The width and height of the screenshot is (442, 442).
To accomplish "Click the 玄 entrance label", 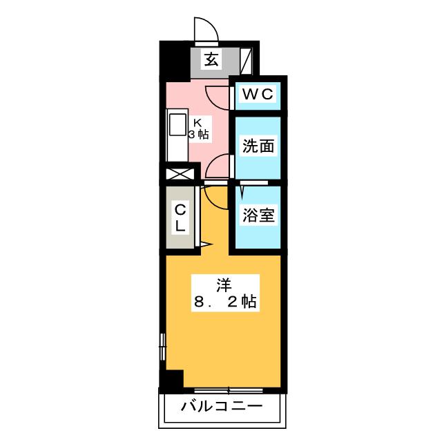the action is coord(211,59).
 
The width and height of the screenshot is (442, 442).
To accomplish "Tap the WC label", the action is coord(258,94).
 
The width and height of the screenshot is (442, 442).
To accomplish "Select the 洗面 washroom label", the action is coord(258,146).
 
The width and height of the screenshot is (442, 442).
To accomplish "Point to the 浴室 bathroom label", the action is coord(258,215).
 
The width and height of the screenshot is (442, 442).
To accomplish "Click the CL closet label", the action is coord(180,218).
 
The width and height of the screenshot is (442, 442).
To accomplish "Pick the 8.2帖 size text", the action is coord(225,302).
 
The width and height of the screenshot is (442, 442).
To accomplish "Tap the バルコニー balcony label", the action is coord(222,406).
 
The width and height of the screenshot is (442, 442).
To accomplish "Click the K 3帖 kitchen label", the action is coord(199,129).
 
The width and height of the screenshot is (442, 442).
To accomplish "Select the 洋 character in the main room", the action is coord(224,285).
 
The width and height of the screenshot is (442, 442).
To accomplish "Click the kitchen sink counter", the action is coord(177,135).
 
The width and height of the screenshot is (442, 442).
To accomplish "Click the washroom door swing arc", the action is coord(217,166).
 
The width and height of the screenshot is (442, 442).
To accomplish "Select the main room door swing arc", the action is coord(215,198).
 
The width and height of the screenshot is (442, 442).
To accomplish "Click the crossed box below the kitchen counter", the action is coord(180,174).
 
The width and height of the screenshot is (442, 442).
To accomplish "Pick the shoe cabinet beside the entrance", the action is coord(246,61).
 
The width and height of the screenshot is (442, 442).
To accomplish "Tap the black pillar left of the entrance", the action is coord(175,61).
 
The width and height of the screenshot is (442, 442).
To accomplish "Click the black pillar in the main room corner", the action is coord(172,381).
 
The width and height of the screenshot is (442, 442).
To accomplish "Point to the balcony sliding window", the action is coord(229,390).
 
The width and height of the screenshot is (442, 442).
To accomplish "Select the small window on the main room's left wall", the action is coord(163,347).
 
